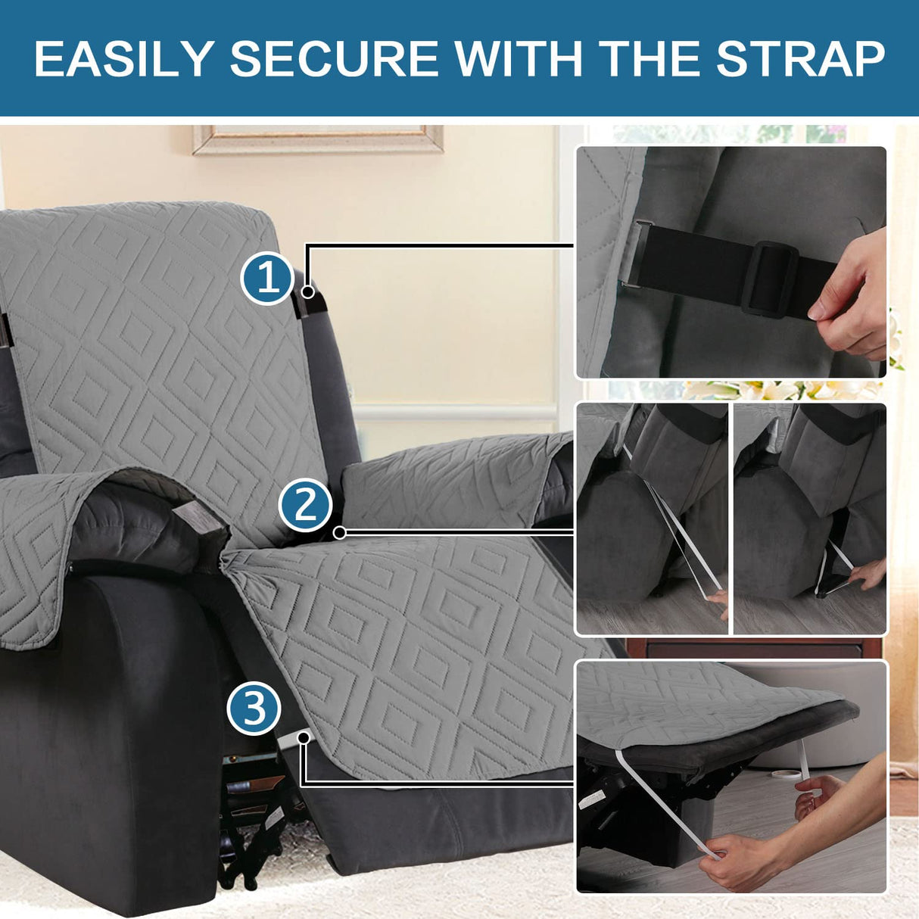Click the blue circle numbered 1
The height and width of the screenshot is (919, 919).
[267, 279]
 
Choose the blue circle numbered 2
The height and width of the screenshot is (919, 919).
[305, 505]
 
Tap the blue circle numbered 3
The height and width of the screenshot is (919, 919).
[254, 709]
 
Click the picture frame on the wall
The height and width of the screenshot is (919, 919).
[318, 139]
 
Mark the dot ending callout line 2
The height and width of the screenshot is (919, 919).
[340, 533]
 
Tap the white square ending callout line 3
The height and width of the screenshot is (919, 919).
[304, 736]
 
